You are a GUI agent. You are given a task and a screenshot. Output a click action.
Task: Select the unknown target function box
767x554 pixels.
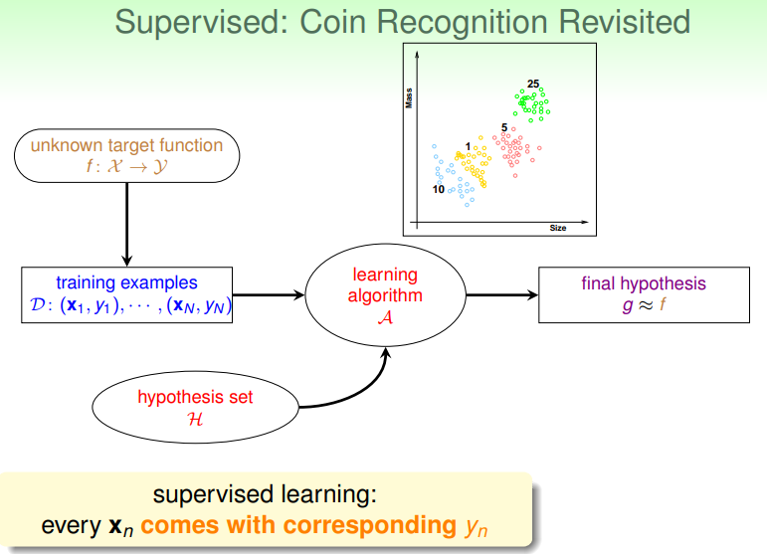point(127,155)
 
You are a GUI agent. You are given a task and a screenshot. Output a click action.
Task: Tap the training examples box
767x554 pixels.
point(126,295)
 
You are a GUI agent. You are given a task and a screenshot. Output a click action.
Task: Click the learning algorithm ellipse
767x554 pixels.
point(385,294)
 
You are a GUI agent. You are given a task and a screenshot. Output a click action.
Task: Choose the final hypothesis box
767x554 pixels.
point(643,295)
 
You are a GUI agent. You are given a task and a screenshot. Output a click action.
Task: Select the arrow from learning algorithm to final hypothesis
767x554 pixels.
point(501,295)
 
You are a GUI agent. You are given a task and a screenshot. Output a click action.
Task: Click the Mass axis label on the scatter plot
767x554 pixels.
point(409,97)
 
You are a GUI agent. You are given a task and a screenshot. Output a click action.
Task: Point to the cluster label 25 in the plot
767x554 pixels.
point(533,83)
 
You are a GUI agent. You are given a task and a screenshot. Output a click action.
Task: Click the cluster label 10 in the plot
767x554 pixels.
point(438,188)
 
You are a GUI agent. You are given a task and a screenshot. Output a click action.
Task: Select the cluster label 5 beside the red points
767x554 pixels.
point(504,128)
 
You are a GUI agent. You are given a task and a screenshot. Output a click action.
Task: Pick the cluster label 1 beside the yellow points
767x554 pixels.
point(468,146)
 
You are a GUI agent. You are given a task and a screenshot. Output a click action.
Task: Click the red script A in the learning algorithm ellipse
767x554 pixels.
point(385,315)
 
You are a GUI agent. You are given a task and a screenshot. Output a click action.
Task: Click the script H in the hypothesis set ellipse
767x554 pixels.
point(195,419)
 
